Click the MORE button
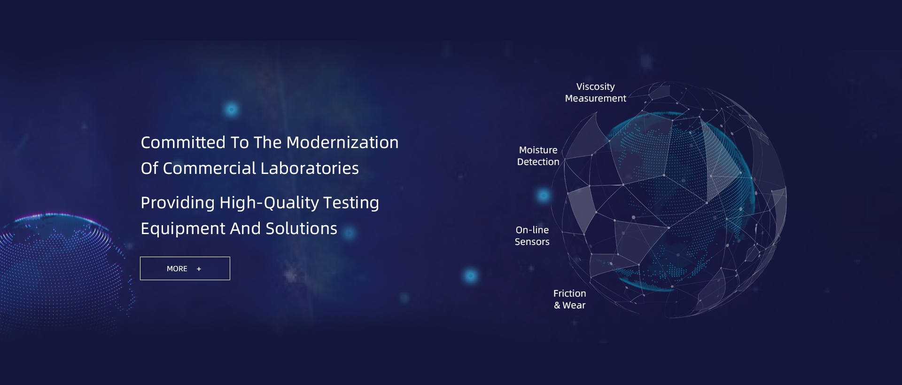pyautogui.click(x=185, y=268)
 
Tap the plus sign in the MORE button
pyautogui.click(x=199, y=269)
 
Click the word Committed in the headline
pyautogui.click(x=183, y=142)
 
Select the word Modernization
pyautogui.click(x=342, y=142)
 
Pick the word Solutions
pyautogui.click(x=301, y=228)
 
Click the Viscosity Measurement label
pyautogui.click(x=596, y=93)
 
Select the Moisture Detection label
pyautogui.click(x=538, y=156)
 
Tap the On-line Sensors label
pyautogui.click(x=532, y=236)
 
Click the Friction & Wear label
pyautogui.click(x=570, y=299)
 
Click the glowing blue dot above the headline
pyautogui.click(x=231, y=110)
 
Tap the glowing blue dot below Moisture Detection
pyautogui.click(x=544, y=195)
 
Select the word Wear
pyautogui.click(x=574, y=306)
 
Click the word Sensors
pyautogui.click(x=532, y=242)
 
